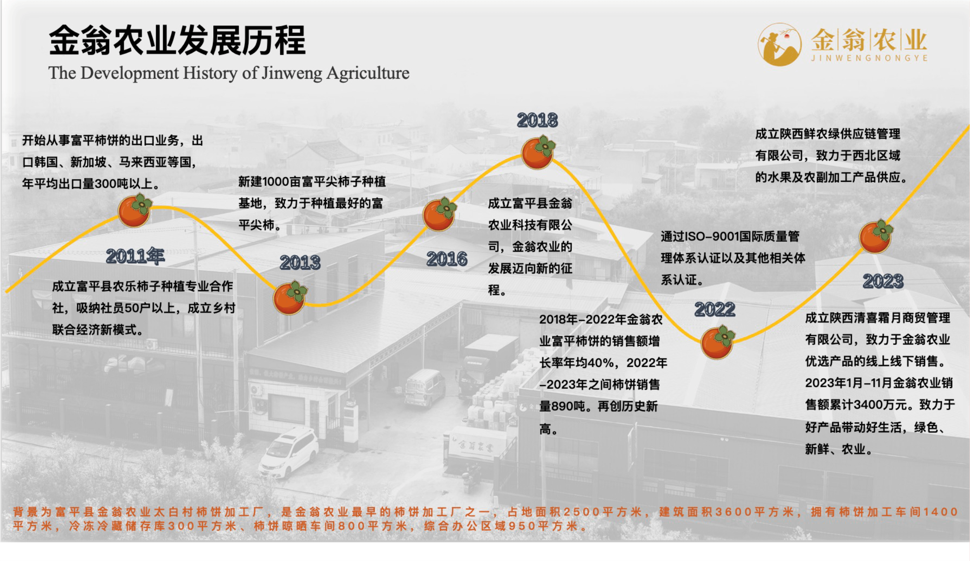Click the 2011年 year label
click(135, 256)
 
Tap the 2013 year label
click(300, 263)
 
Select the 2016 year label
click(447, 259)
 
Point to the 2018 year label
click(537, 120)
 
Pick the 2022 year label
click(715, 309)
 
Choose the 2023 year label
click(883, 281)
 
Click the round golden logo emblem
click(780, 45)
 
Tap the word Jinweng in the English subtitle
click(291, 73)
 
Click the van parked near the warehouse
click(425, 387)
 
